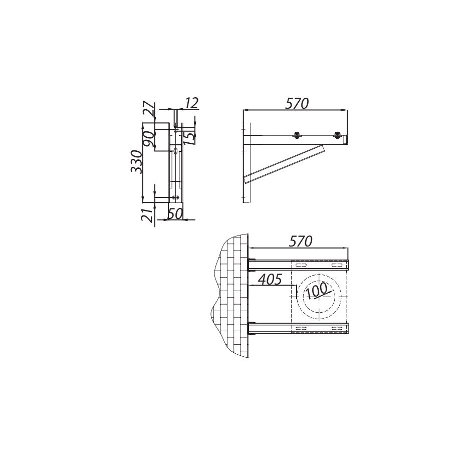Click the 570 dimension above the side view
(x=297, y=103)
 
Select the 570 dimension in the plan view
(x=300, y=242)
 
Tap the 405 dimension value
(x=271, y=279)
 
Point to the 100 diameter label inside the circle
(x=317, y=290)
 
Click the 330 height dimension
(x=136, y=162)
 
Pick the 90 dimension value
(x=149, y=139)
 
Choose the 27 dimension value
(x=149, y=110)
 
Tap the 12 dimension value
(x=191, y=103)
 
